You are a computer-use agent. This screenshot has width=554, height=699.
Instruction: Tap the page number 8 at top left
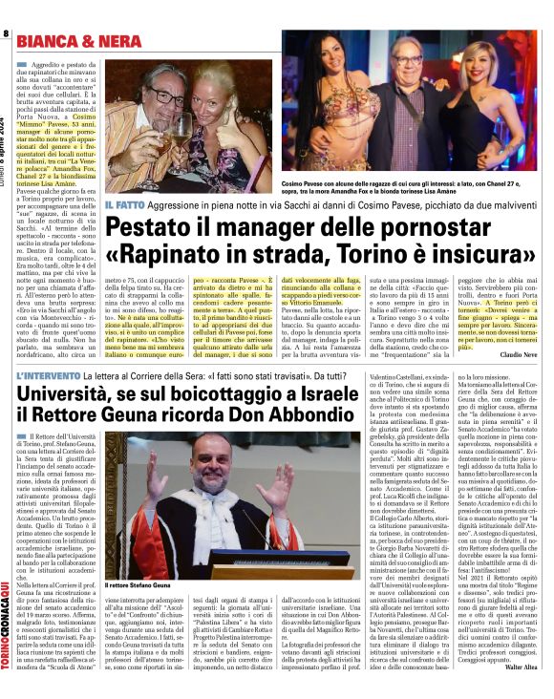[x=6, y=33]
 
